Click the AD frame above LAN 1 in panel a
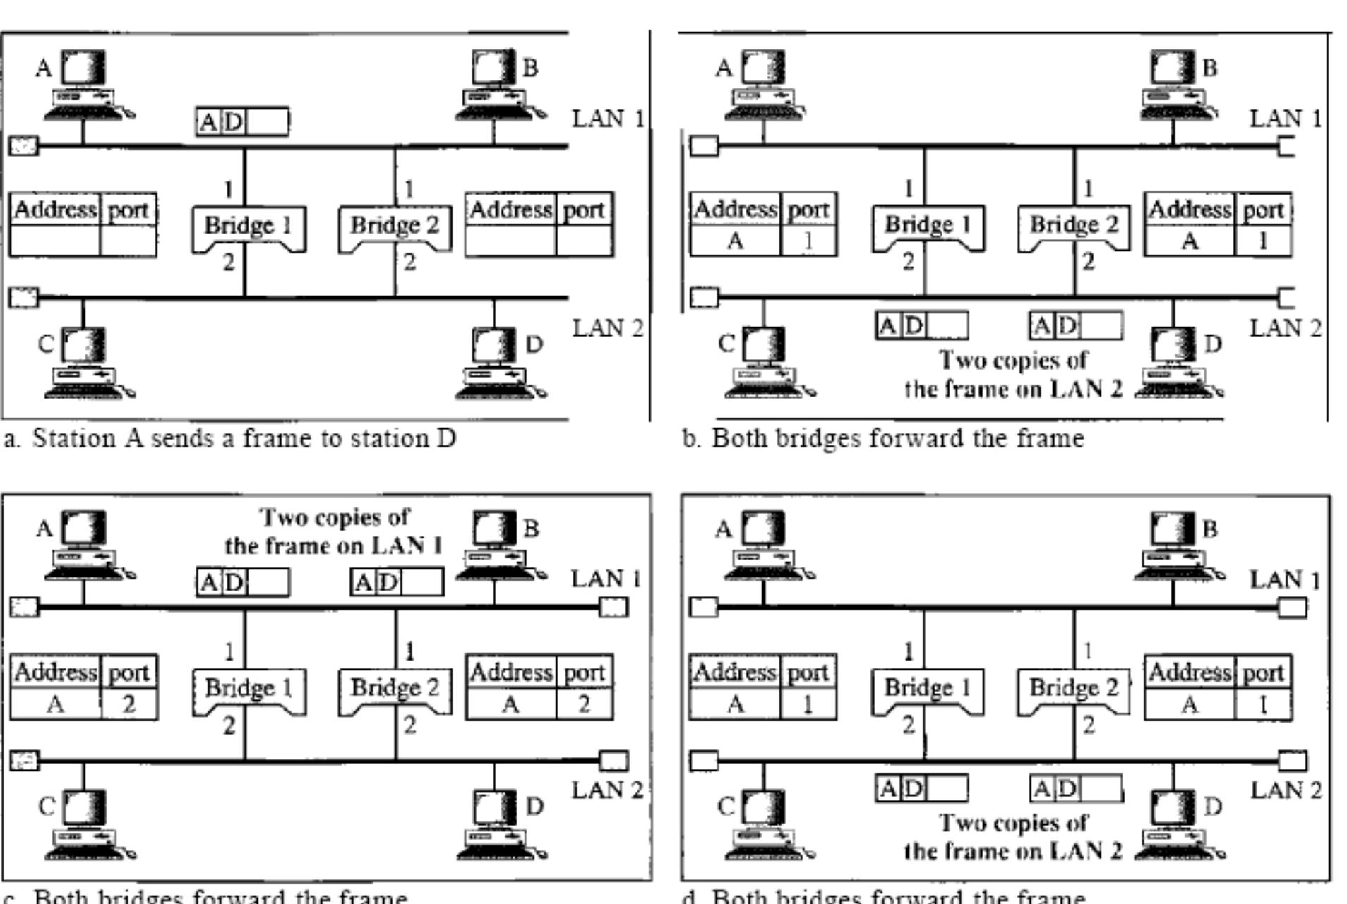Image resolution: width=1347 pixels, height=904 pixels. (x=242, y=122)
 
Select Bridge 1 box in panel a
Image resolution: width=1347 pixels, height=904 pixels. (x=248, y=227)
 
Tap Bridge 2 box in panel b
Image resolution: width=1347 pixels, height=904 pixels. (x=1074, y=226)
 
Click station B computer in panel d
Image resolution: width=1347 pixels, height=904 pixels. (x=1174, y=543)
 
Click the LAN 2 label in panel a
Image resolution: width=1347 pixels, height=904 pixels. (x=607, y=328)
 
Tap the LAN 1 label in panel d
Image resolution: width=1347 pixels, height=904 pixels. (x=1285, y=580)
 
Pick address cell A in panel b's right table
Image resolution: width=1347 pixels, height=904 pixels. (x=1190, y=241)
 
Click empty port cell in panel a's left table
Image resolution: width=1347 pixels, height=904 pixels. (x=128, y=241)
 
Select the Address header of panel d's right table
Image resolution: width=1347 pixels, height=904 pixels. (x=1190, y=672)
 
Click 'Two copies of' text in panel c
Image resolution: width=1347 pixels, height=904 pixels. (x=335, y=517)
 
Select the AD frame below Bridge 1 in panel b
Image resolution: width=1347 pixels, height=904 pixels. (x=921, y=326)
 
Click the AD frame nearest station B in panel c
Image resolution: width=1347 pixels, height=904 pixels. (x=397, y=583)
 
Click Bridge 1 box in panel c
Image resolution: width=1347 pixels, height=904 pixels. (x=249, y=689)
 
